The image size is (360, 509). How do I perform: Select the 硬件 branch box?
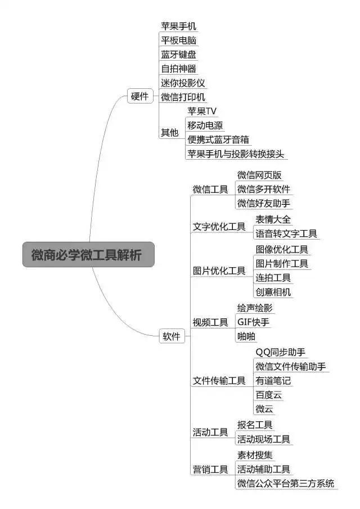click(140, 96)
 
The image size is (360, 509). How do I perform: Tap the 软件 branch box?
click(172, 336)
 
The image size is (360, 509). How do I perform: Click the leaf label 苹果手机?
click(178, 26)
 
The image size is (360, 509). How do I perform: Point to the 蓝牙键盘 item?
click(178, 54)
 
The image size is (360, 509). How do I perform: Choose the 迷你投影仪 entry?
click(183, 83)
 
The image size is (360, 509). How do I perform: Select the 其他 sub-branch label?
click(170, 132)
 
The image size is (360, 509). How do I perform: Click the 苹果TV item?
click(201, 111)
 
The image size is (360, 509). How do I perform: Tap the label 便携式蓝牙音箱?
click(218, 139)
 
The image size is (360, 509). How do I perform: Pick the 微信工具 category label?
click(210, 189)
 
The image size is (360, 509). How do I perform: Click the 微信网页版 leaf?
click(259, 175)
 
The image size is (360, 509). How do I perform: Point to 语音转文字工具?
click(286, 233)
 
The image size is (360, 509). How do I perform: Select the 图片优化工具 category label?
click(219, 271)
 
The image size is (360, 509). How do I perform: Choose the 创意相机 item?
click(273, 292)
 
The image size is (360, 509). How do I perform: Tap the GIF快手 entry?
click(253, 322)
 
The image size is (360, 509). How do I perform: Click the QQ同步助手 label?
click(281, 352)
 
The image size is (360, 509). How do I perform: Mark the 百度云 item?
click(268, 395)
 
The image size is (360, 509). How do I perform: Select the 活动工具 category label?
click(210, 432)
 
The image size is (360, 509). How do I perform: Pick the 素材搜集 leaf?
click(255, 455)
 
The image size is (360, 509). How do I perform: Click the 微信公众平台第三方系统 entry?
click(286, 483)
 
